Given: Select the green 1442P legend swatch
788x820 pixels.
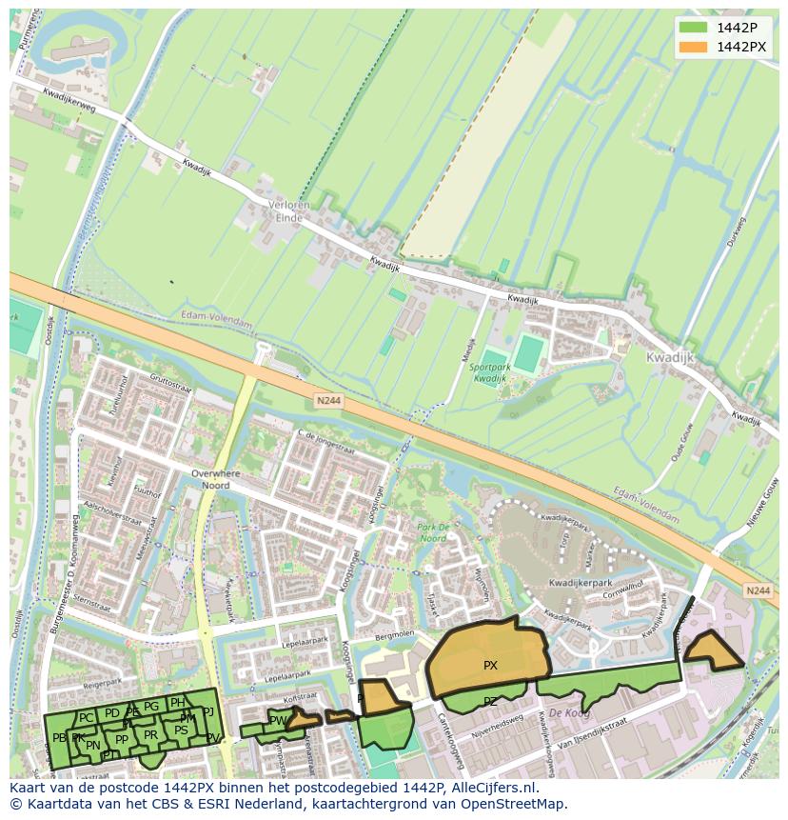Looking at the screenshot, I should point(694,27).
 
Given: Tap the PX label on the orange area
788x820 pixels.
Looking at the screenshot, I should point(490,666).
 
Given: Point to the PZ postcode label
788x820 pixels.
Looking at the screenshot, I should point(490,702).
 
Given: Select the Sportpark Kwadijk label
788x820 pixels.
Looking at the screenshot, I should point(490,373).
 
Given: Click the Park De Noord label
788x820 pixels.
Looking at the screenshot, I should point(432,532).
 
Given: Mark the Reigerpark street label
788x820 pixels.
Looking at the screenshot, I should point(104,683).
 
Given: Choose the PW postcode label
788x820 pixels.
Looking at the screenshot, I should point(277,721).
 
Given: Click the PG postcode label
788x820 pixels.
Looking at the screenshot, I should point(151,707).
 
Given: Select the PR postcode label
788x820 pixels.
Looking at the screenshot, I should point(150,735).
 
